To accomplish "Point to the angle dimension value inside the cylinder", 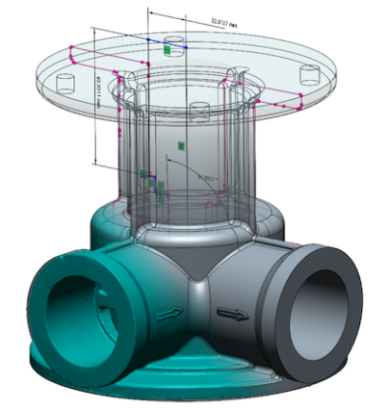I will (x=204, y=178).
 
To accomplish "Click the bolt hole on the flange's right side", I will (x=307, y=73).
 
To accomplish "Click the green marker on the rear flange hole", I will (x=168, y=48).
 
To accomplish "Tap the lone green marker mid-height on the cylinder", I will (x=181, y=145).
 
